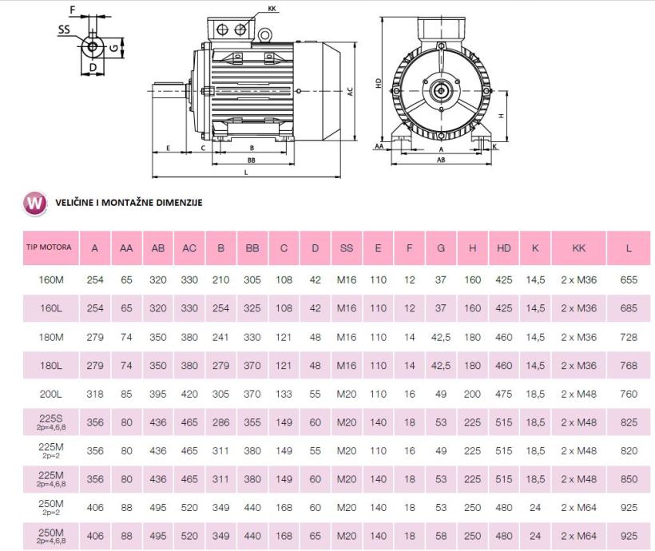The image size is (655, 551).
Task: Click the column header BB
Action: [252, 248]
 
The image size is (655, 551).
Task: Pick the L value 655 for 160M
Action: [629, 280]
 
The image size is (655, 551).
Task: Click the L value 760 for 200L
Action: [629, 394]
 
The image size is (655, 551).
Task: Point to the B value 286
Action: [220, 422]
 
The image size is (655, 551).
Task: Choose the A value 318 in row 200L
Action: [95, 394]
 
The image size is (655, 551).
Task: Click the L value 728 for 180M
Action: [629, 337]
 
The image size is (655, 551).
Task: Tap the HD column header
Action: [504, 248]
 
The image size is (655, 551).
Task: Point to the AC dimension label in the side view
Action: [350, 92]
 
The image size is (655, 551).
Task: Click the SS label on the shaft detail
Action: [64, 30]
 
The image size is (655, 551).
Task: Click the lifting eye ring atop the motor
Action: [263, 36]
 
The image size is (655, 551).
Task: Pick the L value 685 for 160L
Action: [629, 308]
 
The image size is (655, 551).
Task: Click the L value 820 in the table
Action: [629, 450]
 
